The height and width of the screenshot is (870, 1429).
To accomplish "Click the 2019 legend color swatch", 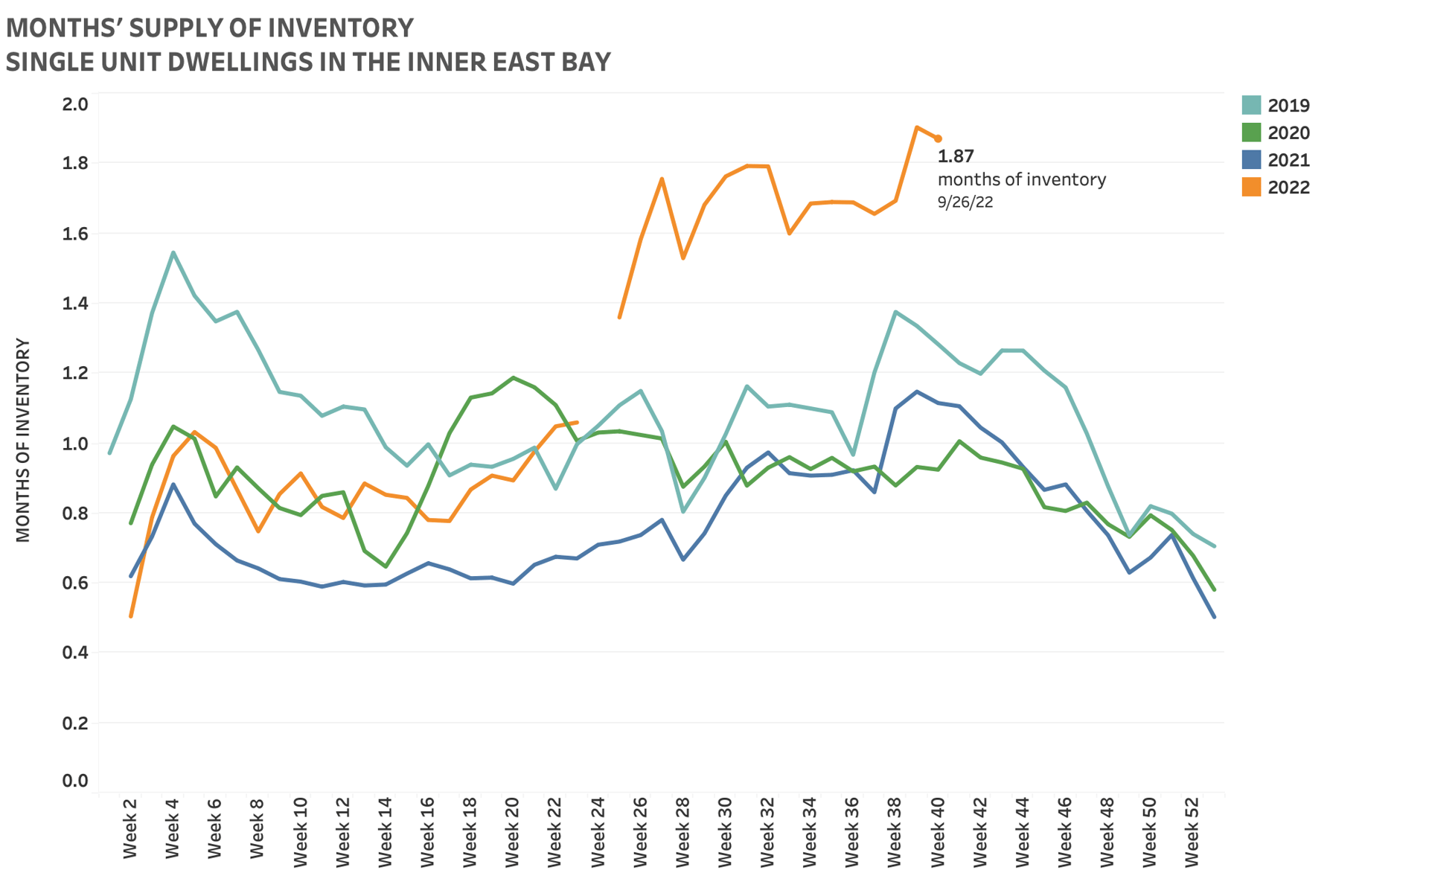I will (1251, 105).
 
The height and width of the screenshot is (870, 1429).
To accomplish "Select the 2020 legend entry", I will (1288, 132).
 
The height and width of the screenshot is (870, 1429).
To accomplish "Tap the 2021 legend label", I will (1288, 160).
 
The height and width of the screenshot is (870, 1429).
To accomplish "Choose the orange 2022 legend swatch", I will (1251, 187).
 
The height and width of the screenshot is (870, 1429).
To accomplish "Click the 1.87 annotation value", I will (956, 156).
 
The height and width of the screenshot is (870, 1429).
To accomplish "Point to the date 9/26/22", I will (965, 202).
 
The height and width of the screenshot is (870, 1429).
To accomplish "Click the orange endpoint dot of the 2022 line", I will (939, 138).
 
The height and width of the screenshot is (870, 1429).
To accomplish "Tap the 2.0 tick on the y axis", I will (75, 104).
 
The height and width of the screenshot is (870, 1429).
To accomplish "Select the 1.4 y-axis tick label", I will (75, 303).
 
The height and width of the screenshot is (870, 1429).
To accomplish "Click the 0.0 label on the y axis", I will (75, 781).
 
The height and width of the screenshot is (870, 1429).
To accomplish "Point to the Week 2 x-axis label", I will (130, 828).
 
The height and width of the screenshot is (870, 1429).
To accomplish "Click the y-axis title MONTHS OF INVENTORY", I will (23, 440).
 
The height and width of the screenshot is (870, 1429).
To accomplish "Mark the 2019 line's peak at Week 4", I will (173, 253).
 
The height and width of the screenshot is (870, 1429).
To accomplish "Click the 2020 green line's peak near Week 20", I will (513, 377).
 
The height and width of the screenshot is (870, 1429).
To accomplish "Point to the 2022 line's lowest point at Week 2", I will (131, 616).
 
